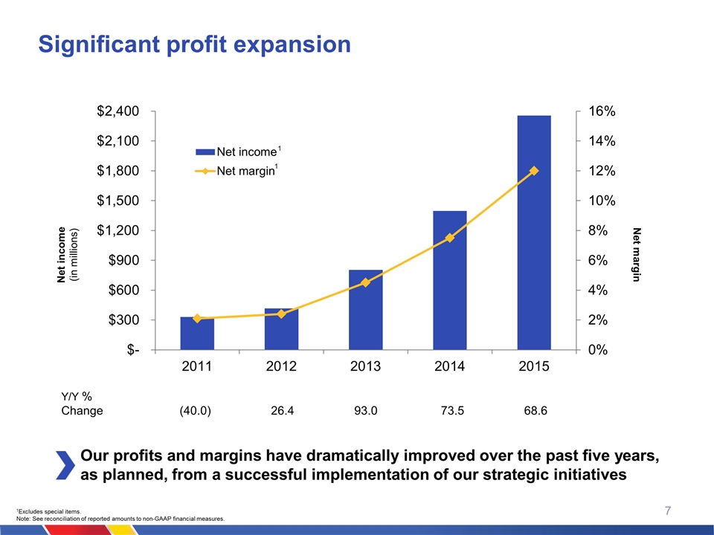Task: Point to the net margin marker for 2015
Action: tap(534, 171)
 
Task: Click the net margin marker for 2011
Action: tap(197, 319)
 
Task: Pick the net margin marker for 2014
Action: tap(450, 238)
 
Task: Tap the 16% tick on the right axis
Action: tap(601, 111)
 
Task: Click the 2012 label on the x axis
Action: tap(281, 367)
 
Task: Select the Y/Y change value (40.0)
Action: tap(196, 410)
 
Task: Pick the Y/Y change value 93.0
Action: tap(365, 410)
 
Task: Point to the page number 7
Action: tap(668, 510)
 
